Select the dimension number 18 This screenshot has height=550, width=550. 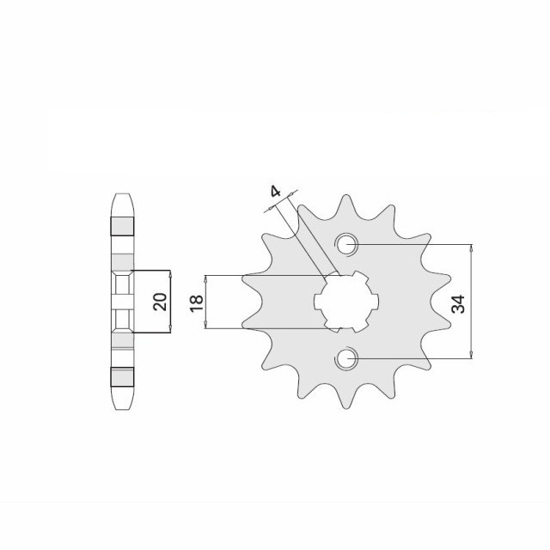click(x=195, y=302)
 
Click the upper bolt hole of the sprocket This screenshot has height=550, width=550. click(x=347, y=244)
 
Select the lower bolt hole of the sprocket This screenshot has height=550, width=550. click(x=347, y=358)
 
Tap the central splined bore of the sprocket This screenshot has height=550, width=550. click(x=347, y=302)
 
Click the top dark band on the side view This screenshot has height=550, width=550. click(x=122, y=226)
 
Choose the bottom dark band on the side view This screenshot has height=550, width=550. click(x=122, y=376)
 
